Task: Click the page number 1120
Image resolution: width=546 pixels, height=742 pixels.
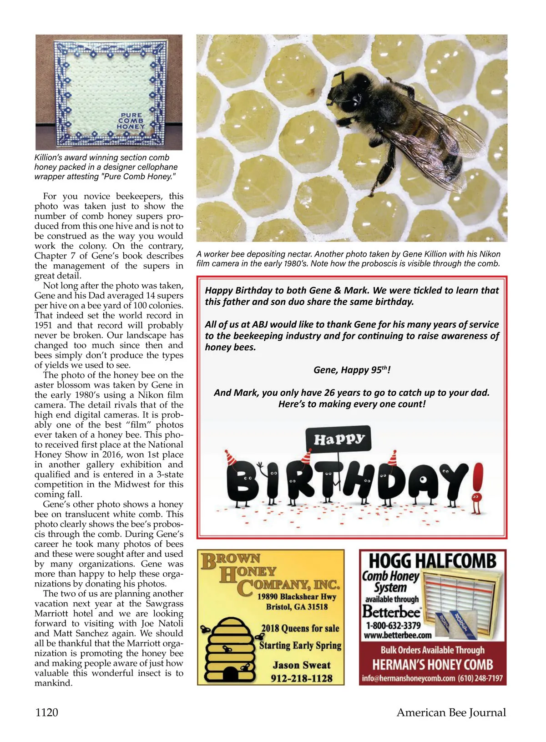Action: pyautogui.click(x=46, y=712)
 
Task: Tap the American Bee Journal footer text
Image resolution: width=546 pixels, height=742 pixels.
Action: pyautogui.click(x=451, y=712)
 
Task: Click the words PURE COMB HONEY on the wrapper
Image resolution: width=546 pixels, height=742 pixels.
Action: pyautogui.click(x=131, y=121)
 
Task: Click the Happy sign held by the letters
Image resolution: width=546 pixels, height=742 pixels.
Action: pyautogui.click(x=339, y=439)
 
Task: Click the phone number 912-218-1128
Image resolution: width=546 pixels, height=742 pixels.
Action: pyautogui.click(x=301, y=678)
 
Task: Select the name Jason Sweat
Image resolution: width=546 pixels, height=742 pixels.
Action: pyautogui.click(x=301, y=665)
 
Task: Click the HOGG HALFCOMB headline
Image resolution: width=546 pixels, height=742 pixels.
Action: pyautogui.click(x=432, y=561)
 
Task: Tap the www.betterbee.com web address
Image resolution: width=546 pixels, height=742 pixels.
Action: pyautogui.click(x=397, y=635)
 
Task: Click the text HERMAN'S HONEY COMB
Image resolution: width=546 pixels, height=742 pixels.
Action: pyautogui.click(x=432, y=665)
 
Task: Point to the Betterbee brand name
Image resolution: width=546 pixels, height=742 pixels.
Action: pyautogui.click(x=391, y=611)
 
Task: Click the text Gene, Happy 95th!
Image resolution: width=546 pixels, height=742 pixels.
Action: pyautogui.click(x=352, y=370)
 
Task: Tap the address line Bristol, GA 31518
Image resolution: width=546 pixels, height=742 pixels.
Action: pyautogui.click(x=297, y=607)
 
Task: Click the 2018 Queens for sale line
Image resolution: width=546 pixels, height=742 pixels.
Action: pyautogui.click(x=300, y=628)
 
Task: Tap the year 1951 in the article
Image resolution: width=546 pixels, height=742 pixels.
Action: pyautogui.click(x=44, y=325)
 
